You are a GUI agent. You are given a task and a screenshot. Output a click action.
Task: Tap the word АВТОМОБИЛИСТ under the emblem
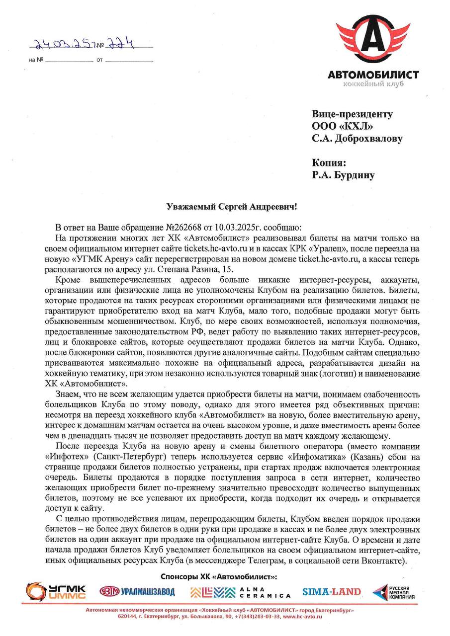[x=373, y=75]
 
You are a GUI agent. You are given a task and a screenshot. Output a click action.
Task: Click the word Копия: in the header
[x=328, y=162]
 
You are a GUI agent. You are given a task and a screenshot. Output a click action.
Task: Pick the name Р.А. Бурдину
[x=343, y=174]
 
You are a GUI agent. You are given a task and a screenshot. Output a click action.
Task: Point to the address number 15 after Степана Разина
[x=227, y=269]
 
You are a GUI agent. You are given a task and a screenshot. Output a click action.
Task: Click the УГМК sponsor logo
[x=56, y=591]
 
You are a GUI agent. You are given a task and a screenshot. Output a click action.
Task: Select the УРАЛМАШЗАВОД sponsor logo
[x=138, y=591]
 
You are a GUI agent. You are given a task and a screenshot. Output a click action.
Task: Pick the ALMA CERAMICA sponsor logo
[x=240, y=592]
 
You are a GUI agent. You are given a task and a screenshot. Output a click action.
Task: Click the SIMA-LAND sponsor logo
[x=332, y=591]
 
